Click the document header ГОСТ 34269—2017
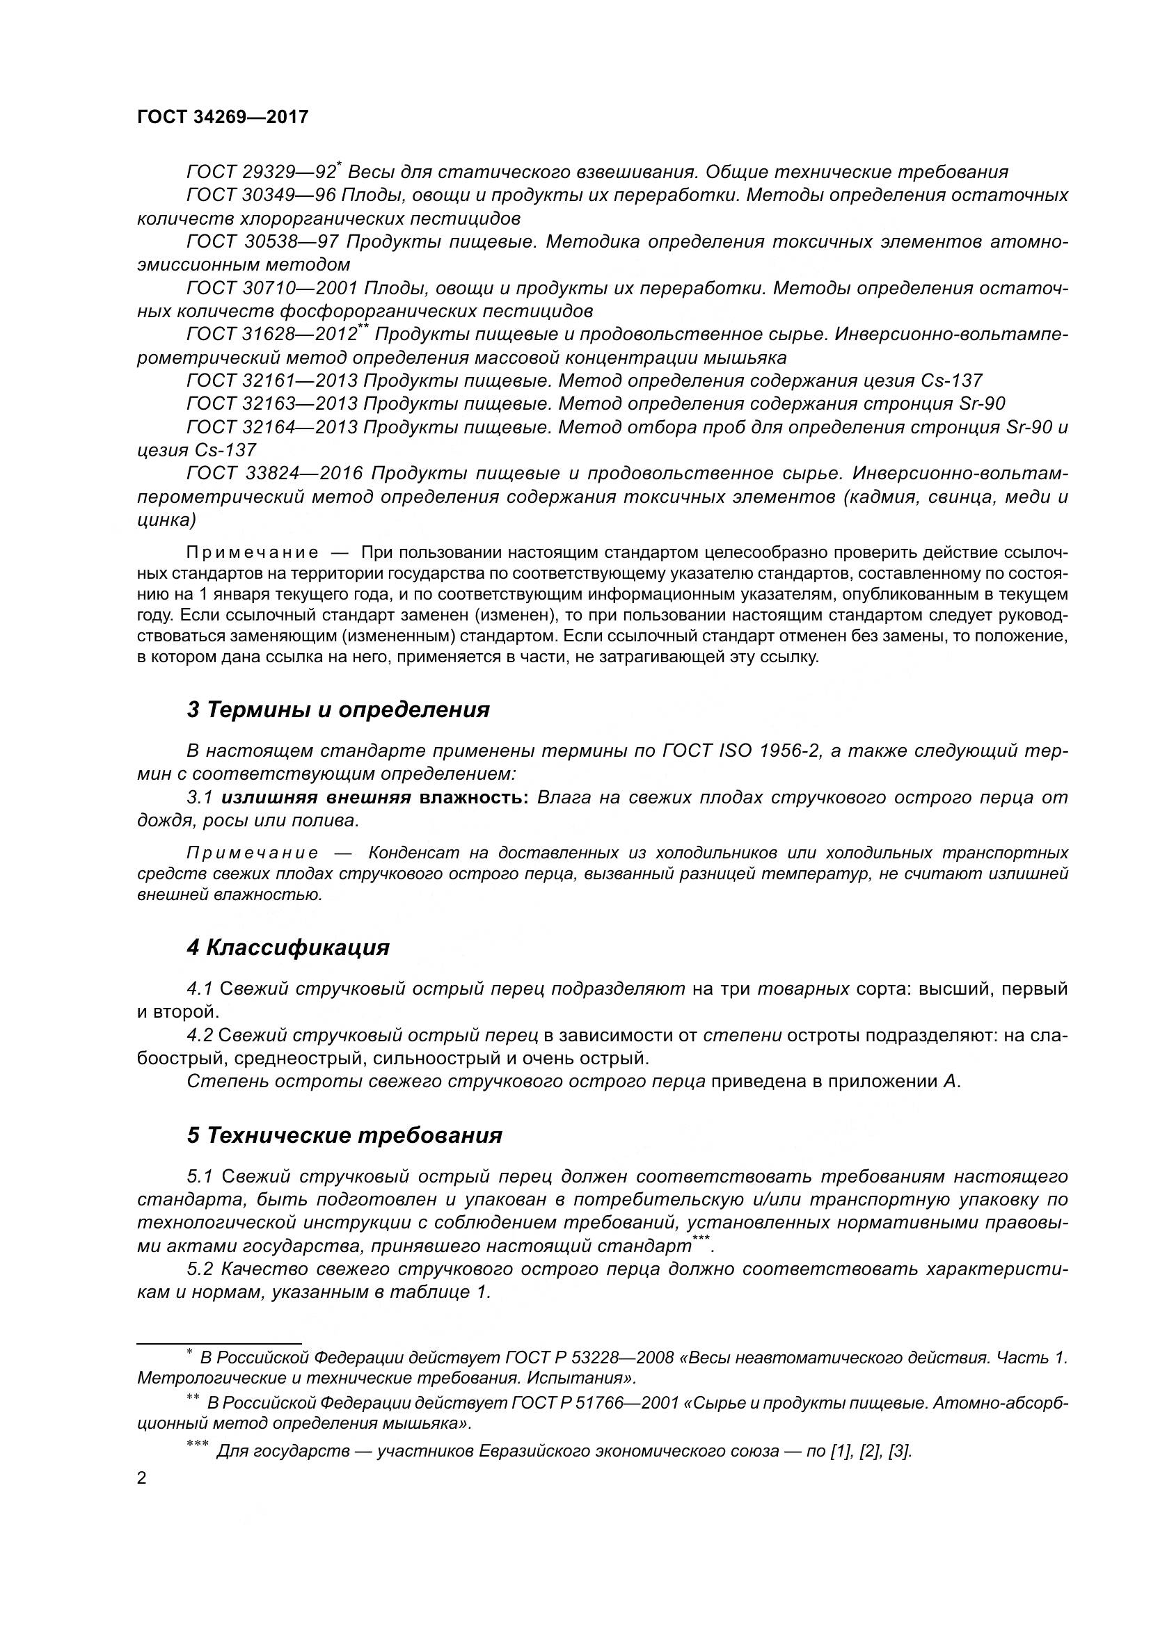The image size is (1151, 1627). pos(223,117)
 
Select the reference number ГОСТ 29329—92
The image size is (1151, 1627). pos(260,173)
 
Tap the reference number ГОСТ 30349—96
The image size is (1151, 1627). pos(263,195)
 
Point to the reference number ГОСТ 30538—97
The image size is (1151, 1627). pos(263,241)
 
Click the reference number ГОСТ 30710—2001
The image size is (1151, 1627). pos(272,289)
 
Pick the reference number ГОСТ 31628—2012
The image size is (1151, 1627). pos(272,335)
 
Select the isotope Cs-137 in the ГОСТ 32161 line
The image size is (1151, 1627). pos(951,381)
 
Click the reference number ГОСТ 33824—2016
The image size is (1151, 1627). pos(274,474)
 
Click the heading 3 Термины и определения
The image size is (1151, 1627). pos(338,710)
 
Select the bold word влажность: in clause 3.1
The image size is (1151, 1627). pos(473,798)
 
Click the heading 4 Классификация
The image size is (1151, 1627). pos(288,947)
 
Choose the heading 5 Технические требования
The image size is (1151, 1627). pos(344,1135)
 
